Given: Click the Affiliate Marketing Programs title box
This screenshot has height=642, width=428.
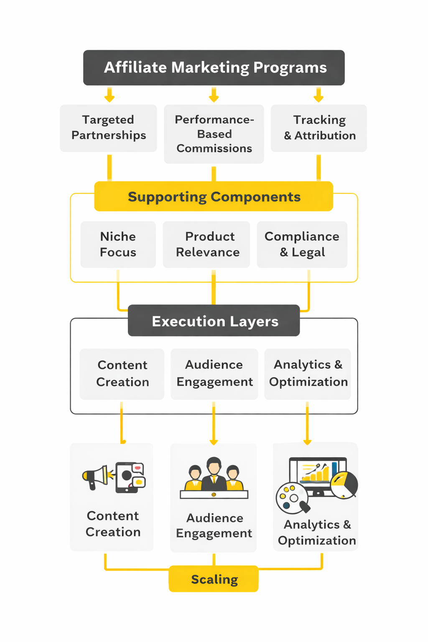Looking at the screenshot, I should click(x=214, y=68).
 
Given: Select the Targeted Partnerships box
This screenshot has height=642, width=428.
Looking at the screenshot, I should click(x=109, y=127).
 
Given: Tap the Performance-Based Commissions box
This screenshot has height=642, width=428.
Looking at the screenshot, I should click(x=214, y=134).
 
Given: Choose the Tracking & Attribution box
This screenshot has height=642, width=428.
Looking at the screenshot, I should click(x=319, y=127).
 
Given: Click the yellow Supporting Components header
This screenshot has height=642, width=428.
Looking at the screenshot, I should click(x=214, y=196).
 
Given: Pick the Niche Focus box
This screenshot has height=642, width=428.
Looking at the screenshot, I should click(x=118, y=245).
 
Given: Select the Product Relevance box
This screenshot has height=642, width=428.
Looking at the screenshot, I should click(x=207, y=245).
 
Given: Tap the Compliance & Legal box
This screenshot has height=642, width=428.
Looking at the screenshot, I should click(x=302, y=245).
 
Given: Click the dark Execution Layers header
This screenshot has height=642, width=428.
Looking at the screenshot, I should click(x=214, y=321).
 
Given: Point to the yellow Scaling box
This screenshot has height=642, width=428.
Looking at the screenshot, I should click(x=214, y=579).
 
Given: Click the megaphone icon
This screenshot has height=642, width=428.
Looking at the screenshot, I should click(x=96, y=476).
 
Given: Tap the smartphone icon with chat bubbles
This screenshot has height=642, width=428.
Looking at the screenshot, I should click(x=130, y=477).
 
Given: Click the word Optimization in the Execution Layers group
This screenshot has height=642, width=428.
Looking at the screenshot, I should click(x=308, y=382).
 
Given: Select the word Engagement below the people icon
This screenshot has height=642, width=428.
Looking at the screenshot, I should click(x=214, y=533).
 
